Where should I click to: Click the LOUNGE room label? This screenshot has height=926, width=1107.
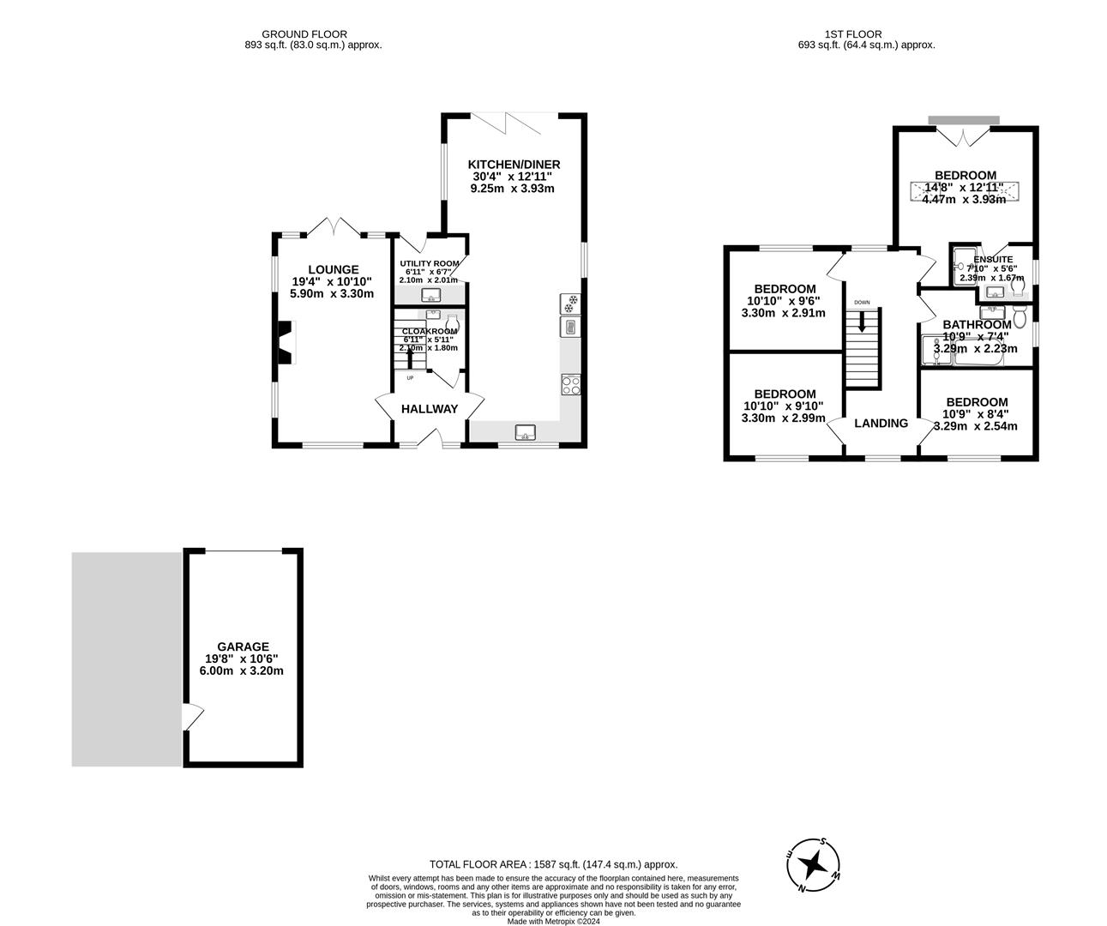pos(334,269)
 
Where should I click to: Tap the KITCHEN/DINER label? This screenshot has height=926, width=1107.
pos(514,165)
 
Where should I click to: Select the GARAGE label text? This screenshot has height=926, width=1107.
pos(243,646)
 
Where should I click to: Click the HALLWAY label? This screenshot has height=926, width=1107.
pos(430,409)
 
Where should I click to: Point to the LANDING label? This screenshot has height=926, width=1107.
pos(881,423)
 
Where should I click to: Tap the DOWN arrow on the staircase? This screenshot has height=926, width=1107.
pos(862,323)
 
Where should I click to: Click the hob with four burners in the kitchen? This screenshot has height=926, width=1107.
pos(570,385)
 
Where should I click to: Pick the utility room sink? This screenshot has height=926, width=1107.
pos(430,295)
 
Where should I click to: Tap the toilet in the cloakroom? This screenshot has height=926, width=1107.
pos(452,324)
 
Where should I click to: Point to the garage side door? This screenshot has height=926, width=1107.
pos(192,716)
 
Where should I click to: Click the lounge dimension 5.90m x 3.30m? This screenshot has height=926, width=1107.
pos(334,294)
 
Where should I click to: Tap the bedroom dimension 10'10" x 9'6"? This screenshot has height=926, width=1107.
pos(783,301)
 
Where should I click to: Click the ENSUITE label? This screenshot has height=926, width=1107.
pos(994,259)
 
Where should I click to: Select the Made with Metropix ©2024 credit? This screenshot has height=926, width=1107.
pos(553,922)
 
